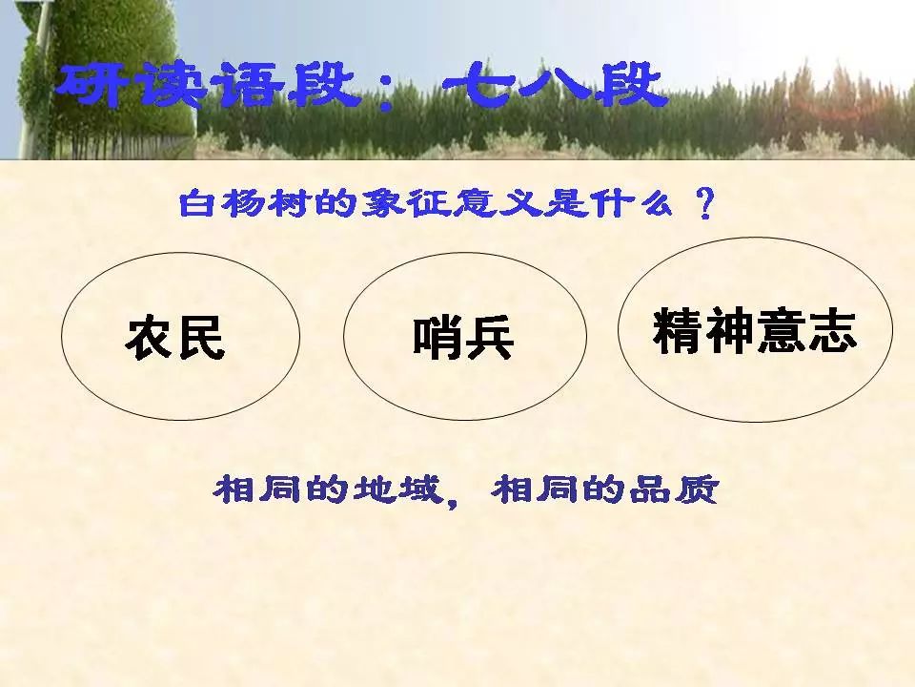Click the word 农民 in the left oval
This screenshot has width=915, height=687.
(x=174, y=338)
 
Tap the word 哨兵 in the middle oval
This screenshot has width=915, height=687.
(x=463, y=338)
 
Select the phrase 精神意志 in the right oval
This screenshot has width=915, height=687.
(x=755, y=331)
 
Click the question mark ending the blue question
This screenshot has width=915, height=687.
(x=705, y=204)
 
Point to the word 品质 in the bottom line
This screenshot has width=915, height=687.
(x=666, y=490)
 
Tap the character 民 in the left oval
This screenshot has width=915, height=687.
(x=201, y=338)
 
